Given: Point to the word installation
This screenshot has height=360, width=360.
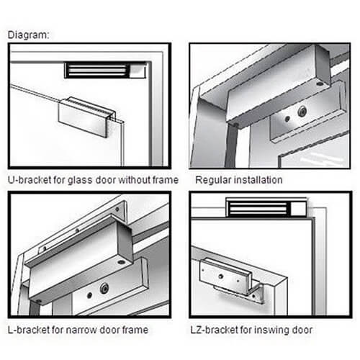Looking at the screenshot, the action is [x=258, y=180].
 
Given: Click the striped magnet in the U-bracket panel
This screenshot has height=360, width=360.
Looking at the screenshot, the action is [x=97, y=71].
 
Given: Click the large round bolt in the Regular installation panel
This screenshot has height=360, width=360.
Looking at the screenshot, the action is [x=302, y=112].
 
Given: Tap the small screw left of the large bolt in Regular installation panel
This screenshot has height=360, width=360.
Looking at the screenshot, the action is [x=287, y=118].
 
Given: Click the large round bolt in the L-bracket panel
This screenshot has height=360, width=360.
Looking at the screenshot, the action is [x=104, y=288].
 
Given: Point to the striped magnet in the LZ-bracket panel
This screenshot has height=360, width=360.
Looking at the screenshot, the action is [x=258, y=208].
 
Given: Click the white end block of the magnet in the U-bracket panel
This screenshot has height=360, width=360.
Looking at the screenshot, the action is [x=138, y=71].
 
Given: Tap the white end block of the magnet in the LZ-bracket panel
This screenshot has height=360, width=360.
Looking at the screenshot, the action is [x=299, y=209].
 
